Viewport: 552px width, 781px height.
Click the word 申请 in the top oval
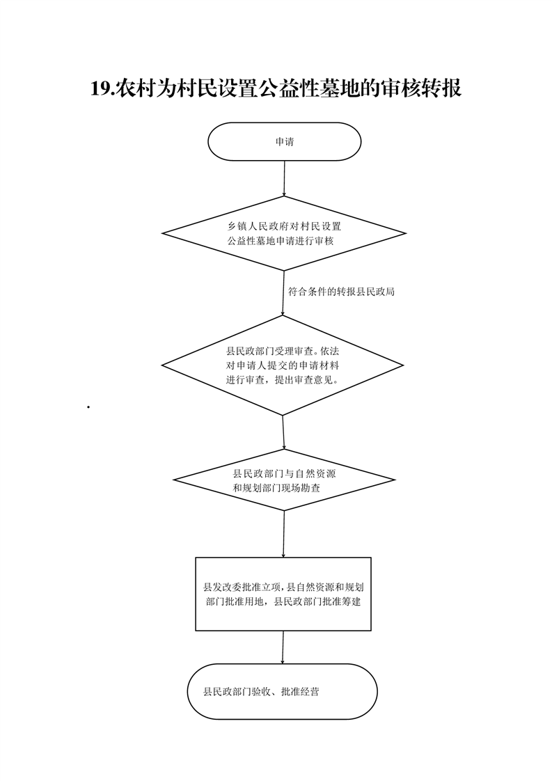285,142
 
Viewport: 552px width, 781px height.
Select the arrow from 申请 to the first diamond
284,178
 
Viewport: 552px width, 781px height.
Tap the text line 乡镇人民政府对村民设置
285,226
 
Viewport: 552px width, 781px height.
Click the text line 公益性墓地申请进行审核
281,241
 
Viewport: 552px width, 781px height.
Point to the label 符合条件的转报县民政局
341,292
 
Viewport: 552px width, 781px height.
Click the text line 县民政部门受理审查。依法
283,351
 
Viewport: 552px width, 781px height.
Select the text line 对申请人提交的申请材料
283,365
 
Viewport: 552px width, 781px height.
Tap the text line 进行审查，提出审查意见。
283,380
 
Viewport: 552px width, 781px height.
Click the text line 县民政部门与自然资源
285,473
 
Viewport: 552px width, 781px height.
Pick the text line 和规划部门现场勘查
276,488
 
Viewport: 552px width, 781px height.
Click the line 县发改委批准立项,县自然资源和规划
283,587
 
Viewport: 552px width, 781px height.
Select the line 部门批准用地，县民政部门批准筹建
283,601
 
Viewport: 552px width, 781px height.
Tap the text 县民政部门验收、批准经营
261,692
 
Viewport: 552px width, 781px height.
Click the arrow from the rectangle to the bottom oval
283,647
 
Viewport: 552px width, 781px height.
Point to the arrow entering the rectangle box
283,534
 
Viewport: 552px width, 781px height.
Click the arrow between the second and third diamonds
283,432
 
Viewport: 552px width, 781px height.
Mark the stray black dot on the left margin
88,407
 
